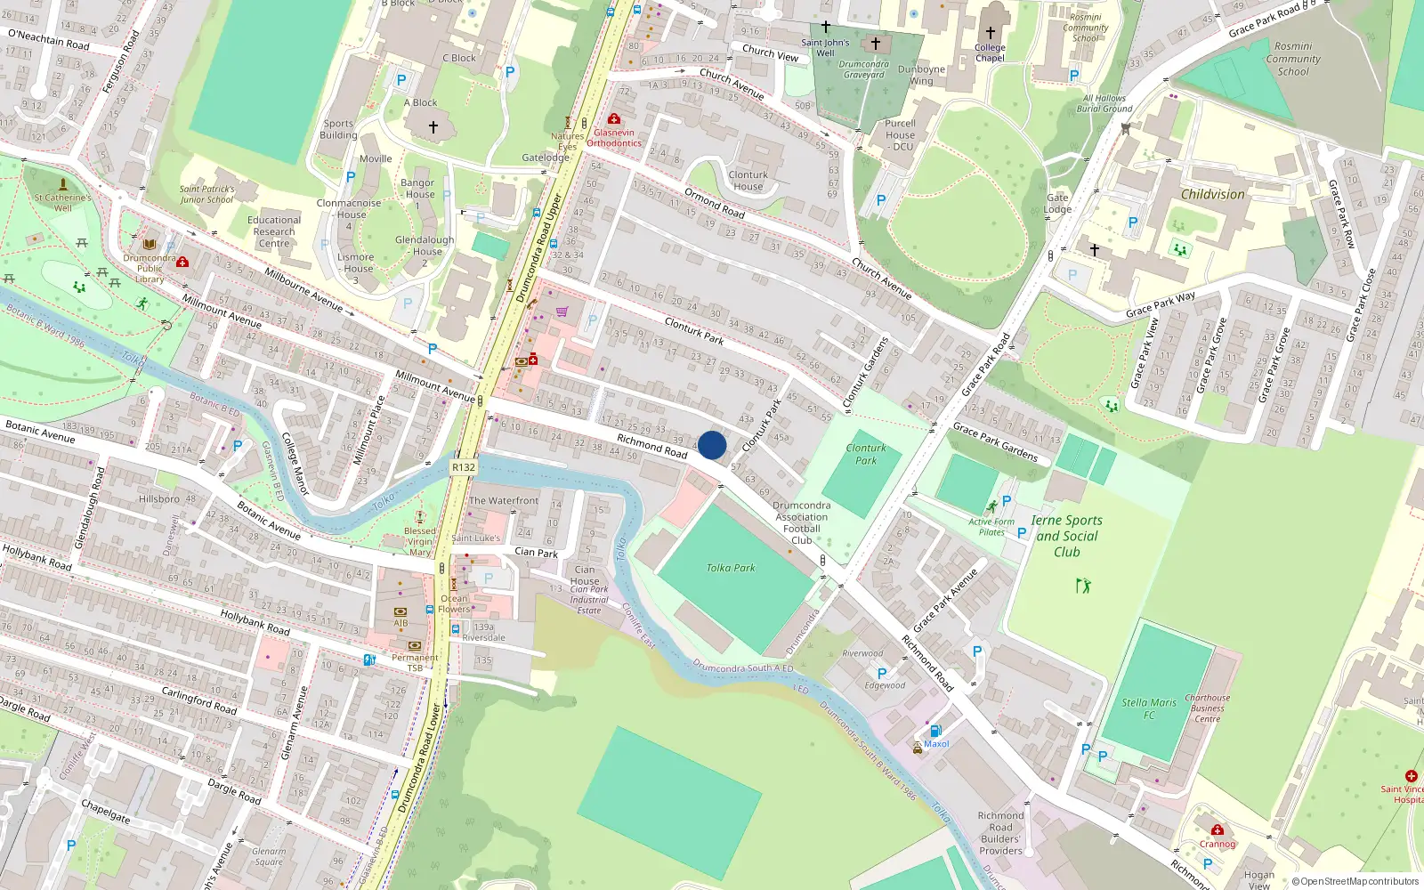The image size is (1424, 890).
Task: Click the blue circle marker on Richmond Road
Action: [712, 445]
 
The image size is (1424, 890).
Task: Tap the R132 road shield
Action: [464, 467]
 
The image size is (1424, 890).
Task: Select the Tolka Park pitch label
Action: [731, 568]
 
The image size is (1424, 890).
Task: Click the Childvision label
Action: [1212, 195]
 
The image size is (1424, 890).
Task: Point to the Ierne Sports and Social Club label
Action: [1066, 536]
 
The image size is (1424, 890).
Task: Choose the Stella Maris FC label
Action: [1148, 708]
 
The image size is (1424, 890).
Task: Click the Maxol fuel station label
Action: [936, 744]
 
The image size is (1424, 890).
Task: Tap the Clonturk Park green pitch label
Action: [866, 454]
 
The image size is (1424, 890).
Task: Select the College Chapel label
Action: [990, 53]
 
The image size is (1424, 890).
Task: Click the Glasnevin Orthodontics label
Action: [614, 138]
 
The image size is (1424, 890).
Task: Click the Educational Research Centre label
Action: [274, 231]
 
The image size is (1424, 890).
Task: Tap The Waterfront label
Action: [504, 501]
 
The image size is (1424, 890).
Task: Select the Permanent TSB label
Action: [415, 662]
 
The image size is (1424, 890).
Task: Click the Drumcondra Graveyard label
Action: [863, 69]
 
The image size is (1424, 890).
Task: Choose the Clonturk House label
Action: [748, 181]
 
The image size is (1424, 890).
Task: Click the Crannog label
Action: [1217, 844]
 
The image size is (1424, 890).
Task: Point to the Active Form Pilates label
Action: [991, 527]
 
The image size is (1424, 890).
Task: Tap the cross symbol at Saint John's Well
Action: [826, 28]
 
